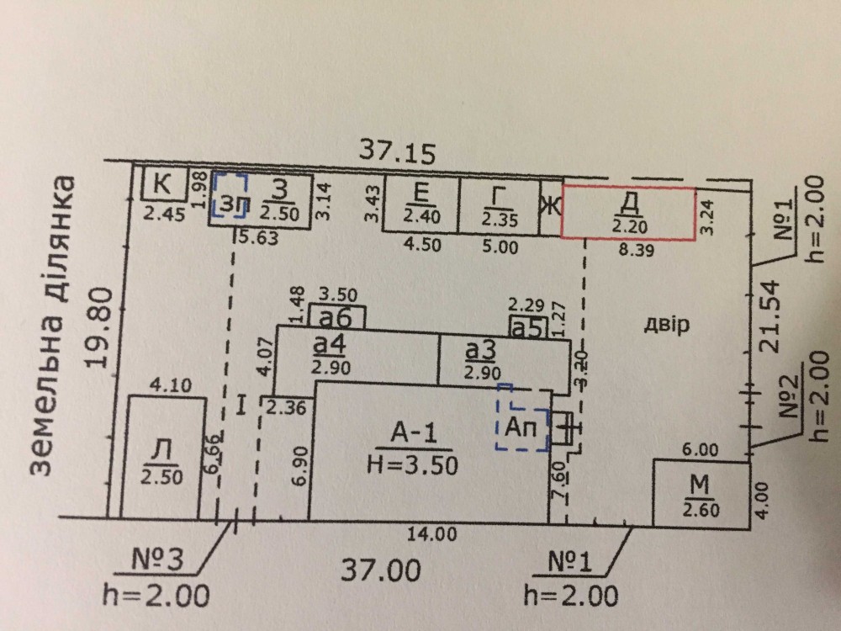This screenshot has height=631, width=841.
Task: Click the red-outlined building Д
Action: click(629, 215)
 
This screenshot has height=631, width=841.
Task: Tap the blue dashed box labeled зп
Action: click(230, 199)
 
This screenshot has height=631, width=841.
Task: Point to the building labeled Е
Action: click(420, 204)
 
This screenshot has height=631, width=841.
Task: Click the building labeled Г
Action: click(498, 205)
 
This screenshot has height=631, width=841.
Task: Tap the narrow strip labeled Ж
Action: click(551, 205)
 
